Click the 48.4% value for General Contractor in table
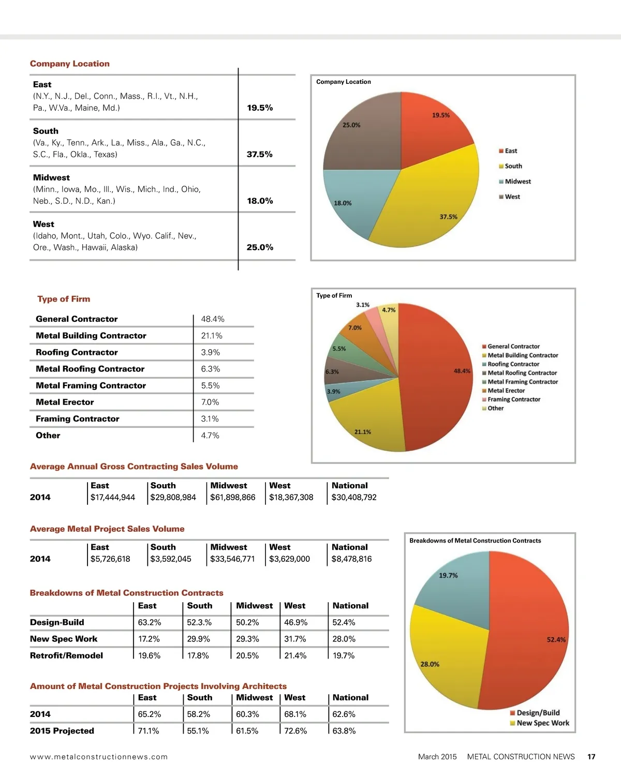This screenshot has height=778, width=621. [213, 319]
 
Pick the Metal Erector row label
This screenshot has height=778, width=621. [65, 402]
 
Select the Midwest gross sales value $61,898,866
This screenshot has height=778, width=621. [232, 497]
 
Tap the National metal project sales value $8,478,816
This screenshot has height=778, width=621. [351, 559]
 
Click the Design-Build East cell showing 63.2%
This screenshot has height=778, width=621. [150, 622]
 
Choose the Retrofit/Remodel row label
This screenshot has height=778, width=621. [66, 655]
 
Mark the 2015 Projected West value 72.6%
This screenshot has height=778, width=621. [295, 731]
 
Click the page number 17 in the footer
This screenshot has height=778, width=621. [591, 757]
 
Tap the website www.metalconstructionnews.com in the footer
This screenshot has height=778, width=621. [99, 757]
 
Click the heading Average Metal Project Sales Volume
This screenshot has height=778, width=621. [107, 529]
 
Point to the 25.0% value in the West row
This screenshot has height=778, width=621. [260, 247]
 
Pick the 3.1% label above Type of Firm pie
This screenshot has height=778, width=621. [363, 305]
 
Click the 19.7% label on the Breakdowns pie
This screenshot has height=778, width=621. [448, 575]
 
